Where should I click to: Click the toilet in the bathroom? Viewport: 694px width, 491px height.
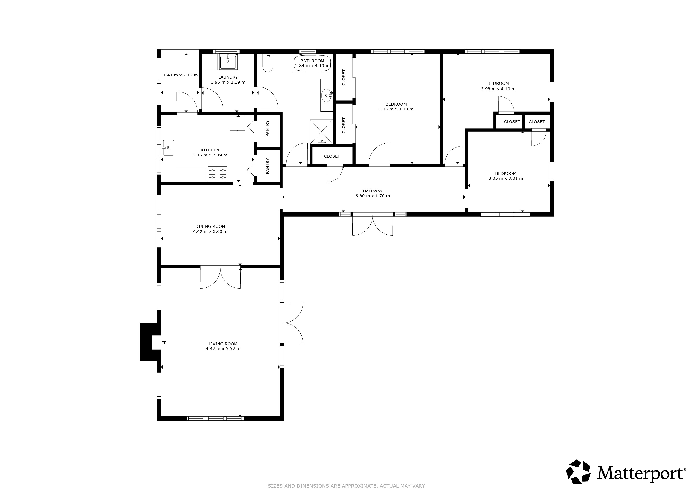[268, 63]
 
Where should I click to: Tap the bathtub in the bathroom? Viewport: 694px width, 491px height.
[312, 63]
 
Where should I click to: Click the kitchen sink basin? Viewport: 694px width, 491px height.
[168, 148]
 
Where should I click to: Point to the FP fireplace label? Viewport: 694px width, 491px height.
[164, 343]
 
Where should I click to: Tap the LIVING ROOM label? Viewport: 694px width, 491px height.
[223, 344]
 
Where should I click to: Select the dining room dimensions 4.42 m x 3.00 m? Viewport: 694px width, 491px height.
[210, 231]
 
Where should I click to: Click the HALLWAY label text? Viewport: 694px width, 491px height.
[372, 191]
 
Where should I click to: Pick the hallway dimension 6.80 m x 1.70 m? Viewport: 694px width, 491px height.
[372, 196]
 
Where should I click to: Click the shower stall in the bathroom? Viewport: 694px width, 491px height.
[321, 132]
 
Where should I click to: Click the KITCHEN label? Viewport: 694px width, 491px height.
[210, 150]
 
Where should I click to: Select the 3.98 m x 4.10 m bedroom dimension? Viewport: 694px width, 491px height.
[498, 89]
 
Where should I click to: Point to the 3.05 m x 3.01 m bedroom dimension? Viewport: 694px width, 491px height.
[506, 178]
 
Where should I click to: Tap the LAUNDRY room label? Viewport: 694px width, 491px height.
[228, 77]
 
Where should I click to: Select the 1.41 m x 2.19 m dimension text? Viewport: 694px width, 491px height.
[180, 75]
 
